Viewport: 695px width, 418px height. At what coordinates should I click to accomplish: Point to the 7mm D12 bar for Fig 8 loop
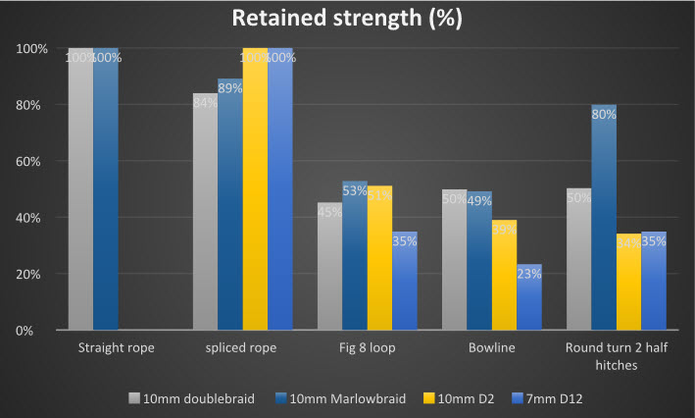[404, 281]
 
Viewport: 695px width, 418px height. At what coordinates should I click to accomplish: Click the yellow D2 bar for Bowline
[504, 275]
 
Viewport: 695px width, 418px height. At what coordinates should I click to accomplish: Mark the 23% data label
[528, 275]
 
